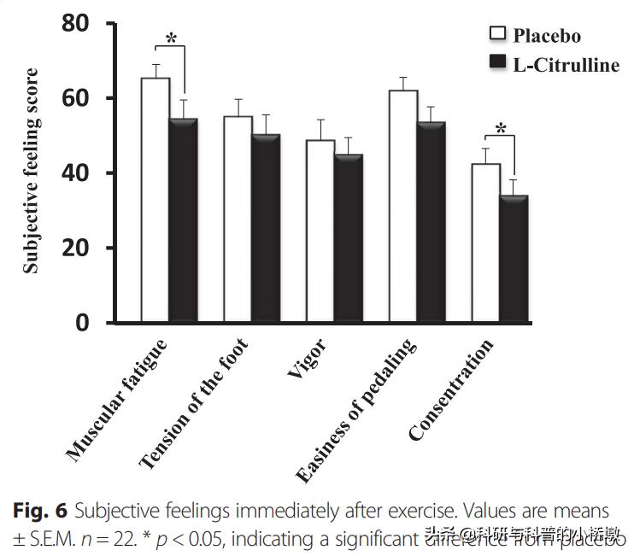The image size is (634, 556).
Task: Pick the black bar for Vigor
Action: (349, 238)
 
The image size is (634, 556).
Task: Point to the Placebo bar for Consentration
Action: (486, 243)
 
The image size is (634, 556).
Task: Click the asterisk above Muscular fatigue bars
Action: (171, 38)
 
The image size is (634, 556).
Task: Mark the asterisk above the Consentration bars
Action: (501, 130)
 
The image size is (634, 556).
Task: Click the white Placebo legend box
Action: (496, 33)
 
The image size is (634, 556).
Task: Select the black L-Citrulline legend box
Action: (496, 62)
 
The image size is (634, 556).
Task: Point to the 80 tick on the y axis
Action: (76, 25)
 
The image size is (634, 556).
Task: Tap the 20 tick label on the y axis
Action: (76, 249)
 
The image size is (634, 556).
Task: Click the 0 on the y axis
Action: (83, 323)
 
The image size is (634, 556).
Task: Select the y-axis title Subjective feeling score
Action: (31, 171)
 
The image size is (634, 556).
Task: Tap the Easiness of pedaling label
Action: (356, 410)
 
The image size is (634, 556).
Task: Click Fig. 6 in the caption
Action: (40, 512)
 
